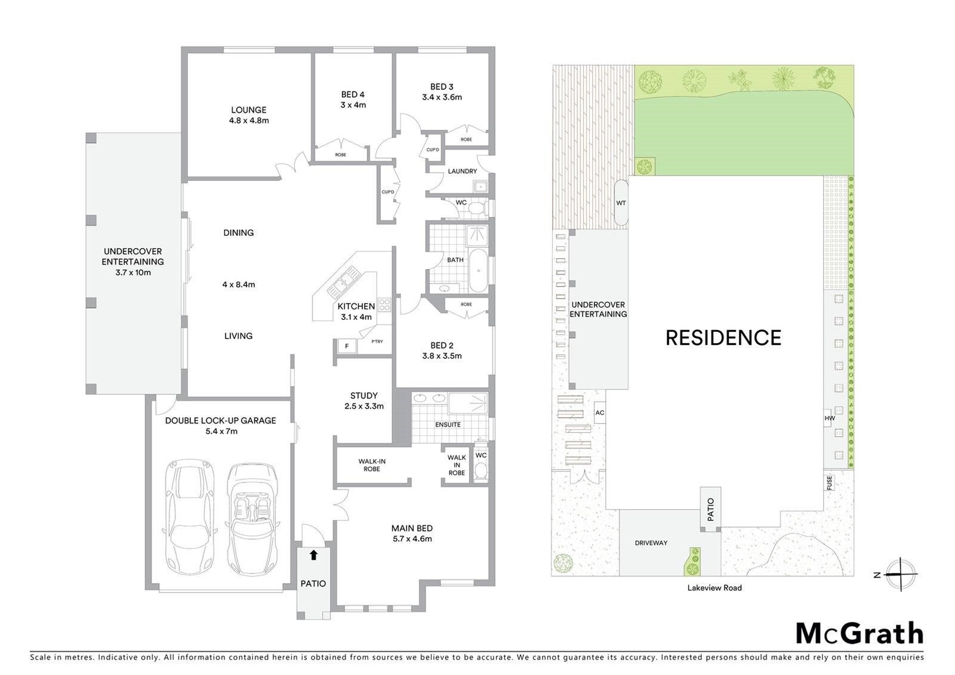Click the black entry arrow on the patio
coord(314,555)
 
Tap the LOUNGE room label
coord(248,110)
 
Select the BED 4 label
coord(353,95)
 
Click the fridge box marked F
coord(347,346)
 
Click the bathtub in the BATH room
coord(478,271)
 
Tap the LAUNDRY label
coord(462,171)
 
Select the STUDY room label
coord(363,396)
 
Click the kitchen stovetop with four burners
coord(384,304)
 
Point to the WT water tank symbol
coord(621,202)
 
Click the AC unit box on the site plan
coord(600,413)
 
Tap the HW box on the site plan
coord(829,418)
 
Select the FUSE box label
coord(829,483)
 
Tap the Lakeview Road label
coord(714,588)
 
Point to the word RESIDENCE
coord(723,338)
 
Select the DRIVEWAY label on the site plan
coord(651,543)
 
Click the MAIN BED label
coord(412,528)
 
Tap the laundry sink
coord(480,187)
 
